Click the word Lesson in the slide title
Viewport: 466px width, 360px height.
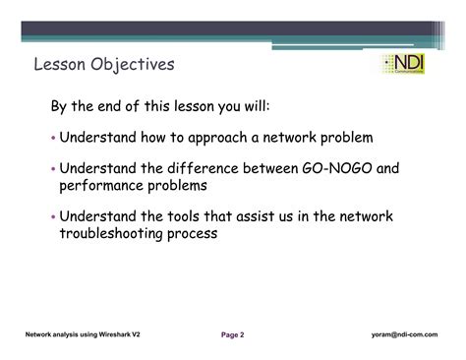point(58,65)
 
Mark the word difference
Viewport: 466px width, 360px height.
point(204,168)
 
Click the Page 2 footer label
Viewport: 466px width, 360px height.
point(232,334)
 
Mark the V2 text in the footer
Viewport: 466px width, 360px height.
point(147,334)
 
